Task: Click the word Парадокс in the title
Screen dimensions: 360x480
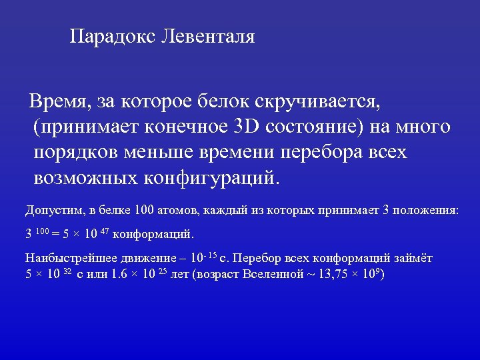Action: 113,36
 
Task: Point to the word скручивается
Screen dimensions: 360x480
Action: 317,101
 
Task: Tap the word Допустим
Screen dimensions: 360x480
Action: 51,211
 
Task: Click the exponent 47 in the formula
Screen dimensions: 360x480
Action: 105,231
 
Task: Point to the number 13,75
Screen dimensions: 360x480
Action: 324,274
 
